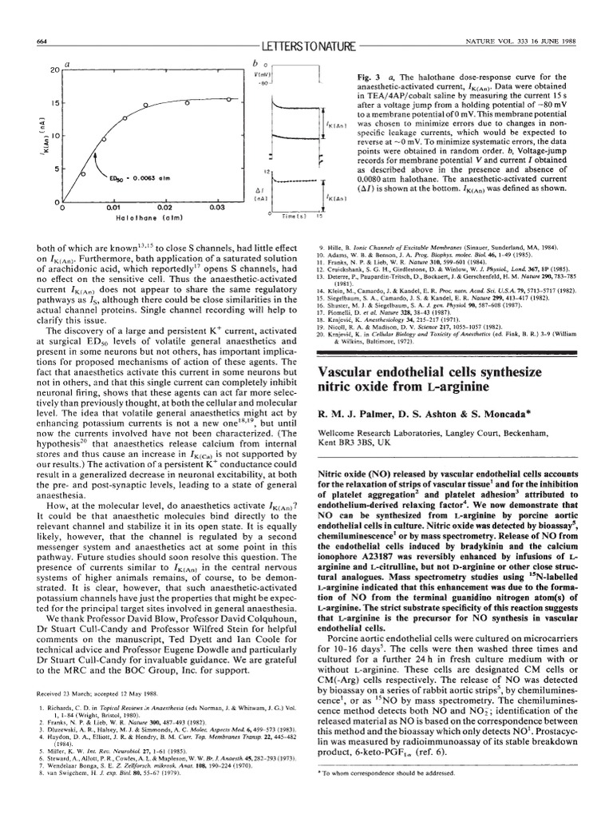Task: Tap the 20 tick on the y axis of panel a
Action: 55,70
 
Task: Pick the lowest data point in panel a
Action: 72,193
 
